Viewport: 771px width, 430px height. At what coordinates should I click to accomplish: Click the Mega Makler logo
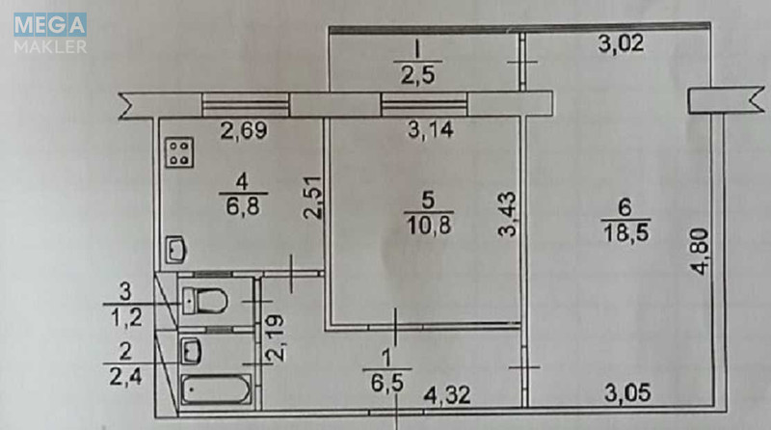tap(50, 32)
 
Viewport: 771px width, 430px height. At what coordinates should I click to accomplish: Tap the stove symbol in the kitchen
tap(179, 150)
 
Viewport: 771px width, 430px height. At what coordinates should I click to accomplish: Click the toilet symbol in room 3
tap(204, 301)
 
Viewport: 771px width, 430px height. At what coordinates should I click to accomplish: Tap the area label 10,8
tap(430, 224)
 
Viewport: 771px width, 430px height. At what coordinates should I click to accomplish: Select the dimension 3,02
tap(621, 42)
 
